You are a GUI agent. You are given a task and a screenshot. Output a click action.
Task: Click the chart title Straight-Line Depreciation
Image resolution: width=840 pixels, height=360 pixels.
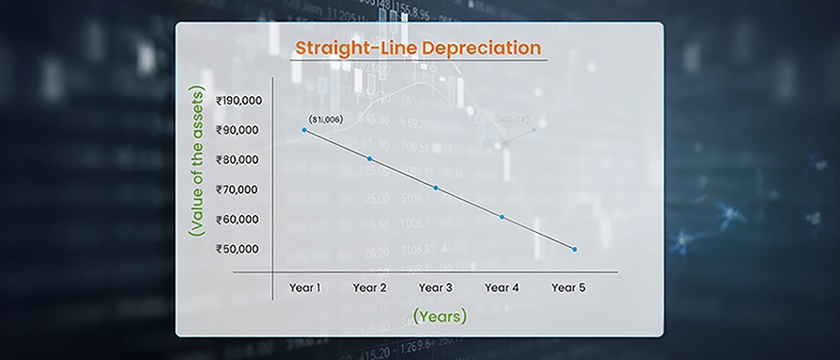[x=419, y=47]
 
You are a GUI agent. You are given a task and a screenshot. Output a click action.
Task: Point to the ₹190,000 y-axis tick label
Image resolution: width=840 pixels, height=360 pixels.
[x=239, y=100]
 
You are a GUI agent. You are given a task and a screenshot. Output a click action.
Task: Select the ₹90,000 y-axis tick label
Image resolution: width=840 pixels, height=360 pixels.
[x=239, y=130]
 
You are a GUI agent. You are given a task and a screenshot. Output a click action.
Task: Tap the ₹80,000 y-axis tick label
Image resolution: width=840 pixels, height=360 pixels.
[x=239, y=159]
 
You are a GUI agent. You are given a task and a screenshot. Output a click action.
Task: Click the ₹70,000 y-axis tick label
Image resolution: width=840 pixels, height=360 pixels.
[x=239, y=189]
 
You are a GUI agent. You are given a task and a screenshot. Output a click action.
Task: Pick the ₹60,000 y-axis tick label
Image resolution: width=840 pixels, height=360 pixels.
[x=239, y=220]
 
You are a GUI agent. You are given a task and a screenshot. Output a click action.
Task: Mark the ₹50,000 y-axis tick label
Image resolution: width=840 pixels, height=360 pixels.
[x=239, y=249]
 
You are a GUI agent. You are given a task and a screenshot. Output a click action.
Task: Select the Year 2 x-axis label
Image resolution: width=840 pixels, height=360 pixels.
[x=370, y=286]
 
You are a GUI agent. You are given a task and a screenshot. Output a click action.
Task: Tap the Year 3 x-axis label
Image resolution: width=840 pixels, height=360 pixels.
[x=436, y=286]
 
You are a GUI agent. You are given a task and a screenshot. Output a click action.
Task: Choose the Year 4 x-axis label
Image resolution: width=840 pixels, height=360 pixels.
[x=502, y=286]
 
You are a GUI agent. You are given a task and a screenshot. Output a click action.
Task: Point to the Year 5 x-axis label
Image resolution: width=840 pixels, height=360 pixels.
[x=568, y=286]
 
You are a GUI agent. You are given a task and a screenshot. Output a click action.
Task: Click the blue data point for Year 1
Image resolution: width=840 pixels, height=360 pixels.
[x=304, y=130]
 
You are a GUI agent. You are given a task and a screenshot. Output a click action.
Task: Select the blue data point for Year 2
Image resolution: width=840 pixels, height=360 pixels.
[x=370, y=158]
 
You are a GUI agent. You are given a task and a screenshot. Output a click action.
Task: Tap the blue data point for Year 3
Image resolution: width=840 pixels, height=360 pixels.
[x=436, y=188]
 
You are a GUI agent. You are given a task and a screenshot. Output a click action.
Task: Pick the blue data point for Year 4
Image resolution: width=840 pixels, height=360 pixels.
[x=502, y=217]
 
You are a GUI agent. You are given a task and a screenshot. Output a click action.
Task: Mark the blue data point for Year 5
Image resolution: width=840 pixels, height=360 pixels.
[x=574, y=249]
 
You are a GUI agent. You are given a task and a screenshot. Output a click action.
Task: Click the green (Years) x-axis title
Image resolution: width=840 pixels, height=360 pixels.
[x=439, y=317]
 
